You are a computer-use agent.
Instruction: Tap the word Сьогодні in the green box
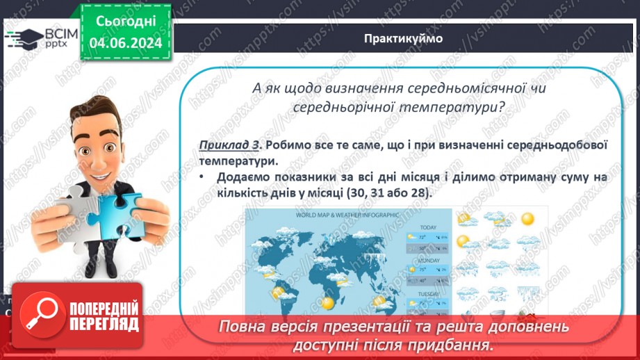(x=125, y=22)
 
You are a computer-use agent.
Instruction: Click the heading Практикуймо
(x=403, y=38)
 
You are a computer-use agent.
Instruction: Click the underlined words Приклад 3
(x=229, y=145)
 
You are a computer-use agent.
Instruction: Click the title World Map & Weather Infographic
(x=347, y=215)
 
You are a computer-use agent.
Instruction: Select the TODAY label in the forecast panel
(x=428, y=227)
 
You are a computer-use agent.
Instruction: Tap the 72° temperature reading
(x=422, y=238)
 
